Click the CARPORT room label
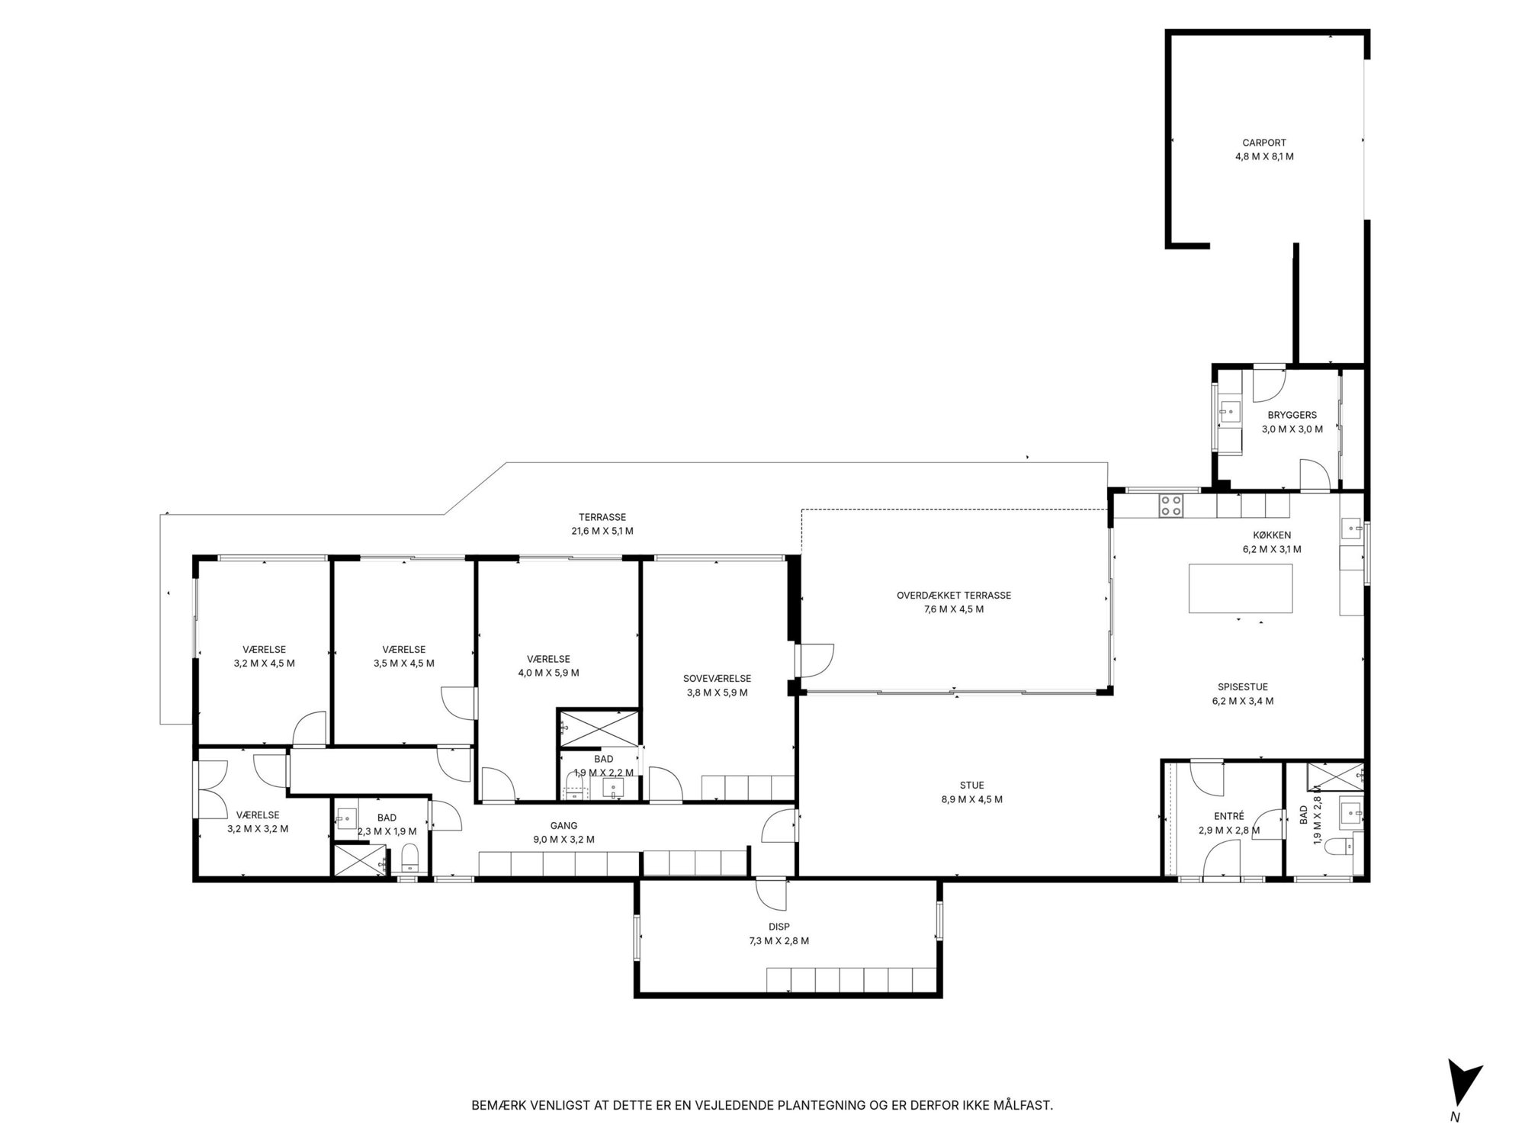tap(1264, 143)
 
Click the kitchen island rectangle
tap(1241, 589)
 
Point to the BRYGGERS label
tap(1292, 416)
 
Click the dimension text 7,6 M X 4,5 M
tap(954, 609)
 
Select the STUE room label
tap(972, 786)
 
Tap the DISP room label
tap(779, 927)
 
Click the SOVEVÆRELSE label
tap(717, 679)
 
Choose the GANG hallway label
tap(564, 826)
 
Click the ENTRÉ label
tap(1229, 816)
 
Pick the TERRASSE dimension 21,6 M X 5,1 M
tap(602, 531)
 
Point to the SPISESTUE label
tap(1243, 687)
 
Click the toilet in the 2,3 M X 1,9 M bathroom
tap(409, 859)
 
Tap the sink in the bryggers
tap(1228, 413)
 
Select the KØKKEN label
tap(1272, 535)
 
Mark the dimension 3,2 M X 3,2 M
tap(258, 829)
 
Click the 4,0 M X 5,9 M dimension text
tap(548, 673)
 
